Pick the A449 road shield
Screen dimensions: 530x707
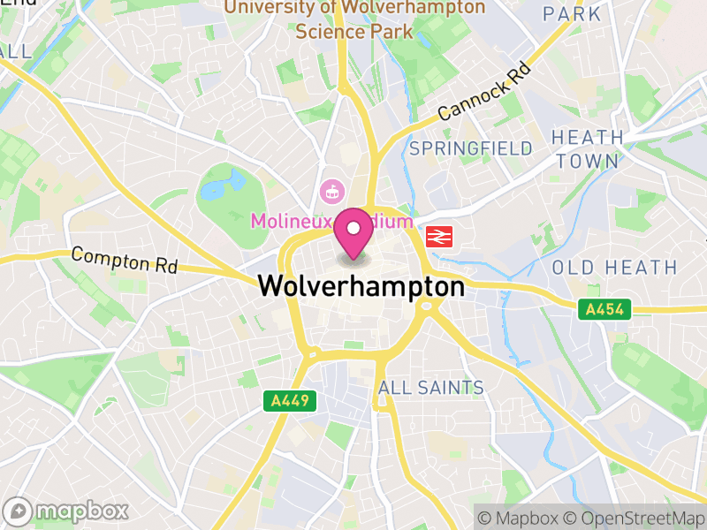[289, 401]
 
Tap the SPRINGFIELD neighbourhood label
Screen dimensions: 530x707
[471, 148]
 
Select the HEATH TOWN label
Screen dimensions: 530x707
[587, 149]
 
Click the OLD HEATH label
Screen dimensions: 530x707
[614, 267]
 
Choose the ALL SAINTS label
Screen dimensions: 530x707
[430, 388]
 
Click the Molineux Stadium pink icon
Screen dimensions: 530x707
[333, 189]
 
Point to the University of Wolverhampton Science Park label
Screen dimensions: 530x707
[354, 19]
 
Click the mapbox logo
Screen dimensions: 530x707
[66, 511]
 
